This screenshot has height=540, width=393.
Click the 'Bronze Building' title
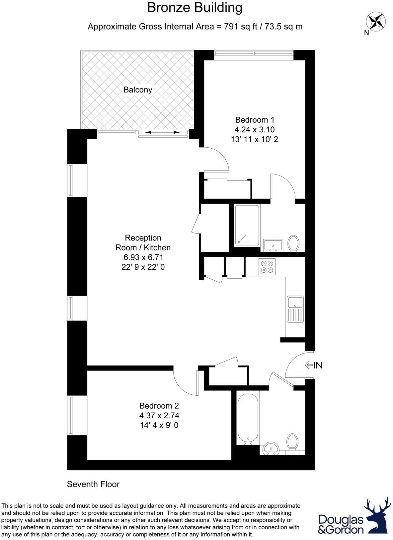click(x=195, y=8)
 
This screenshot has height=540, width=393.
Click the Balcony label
click(x=138, y=90)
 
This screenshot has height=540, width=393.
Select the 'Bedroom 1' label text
click(x=255, y=120)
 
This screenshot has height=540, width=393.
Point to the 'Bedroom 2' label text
click(x=159, y=406)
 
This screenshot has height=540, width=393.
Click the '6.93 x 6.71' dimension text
click(x=143, y=257)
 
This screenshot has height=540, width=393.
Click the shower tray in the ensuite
click(x=247, y=225)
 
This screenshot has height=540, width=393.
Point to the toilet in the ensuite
click(x=293, y=243)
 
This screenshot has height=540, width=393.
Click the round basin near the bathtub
click(x=271, y=449)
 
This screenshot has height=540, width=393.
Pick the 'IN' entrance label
click(x=318, y=365)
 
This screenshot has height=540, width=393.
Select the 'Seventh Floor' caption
click(x=93, y=484)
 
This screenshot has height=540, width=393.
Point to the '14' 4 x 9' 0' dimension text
click(x=159, y=425)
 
